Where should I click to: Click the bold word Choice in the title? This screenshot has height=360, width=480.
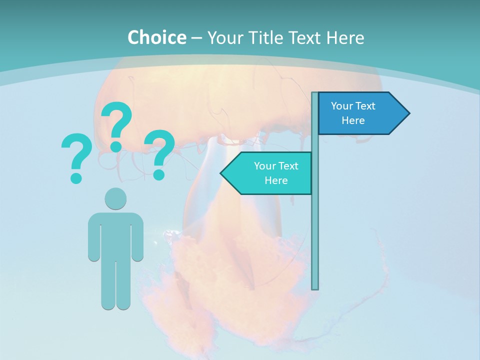[x=156, y=37]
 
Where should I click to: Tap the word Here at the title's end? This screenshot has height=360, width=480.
[x=345, y=37]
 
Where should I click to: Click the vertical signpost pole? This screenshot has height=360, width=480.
[x=315, y=225]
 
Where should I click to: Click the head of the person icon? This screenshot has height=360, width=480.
[x=115, y=198]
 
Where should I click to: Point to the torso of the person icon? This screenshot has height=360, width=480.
[x=115, y=235]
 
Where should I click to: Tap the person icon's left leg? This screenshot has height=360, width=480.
[x=108, y=285]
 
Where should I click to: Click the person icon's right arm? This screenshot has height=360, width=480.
[x=137, y=237]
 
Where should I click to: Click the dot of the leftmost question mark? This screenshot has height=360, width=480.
[x=76, y=177]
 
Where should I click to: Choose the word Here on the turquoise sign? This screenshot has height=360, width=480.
[x=276, y=180]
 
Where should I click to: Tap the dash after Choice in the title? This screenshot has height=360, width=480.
[x=196, y=38]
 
